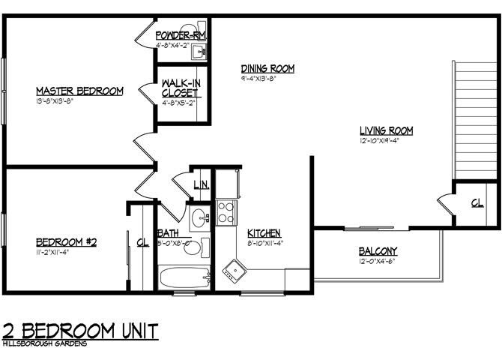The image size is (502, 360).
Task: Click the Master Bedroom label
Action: (x=79, y=91)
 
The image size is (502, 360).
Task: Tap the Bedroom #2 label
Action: (x=67, y=241)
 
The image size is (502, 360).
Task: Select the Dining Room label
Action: (x=267, y=68)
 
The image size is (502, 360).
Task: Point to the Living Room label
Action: (x=386, y=130)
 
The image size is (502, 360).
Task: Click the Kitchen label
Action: (x=264, y=232)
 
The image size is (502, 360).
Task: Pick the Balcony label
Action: (x=378, y=250)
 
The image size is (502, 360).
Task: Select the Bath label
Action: (x=167, y=232)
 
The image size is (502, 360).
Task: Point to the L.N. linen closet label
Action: (x=200, y=184)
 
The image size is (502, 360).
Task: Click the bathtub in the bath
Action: (x=184, y=277)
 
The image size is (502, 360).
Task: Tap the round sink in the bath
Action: (x=199, y=220)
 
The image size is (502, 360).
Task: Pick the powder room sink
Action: (x=197, y=52)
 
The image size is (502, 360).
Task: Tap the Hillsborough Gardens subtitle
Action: (x=45, y=343)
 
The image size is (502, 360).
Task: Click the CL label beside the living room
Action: (x=477, y=202)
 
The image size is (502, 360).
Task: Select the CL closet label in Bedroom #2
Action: (x=142, y=241)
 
